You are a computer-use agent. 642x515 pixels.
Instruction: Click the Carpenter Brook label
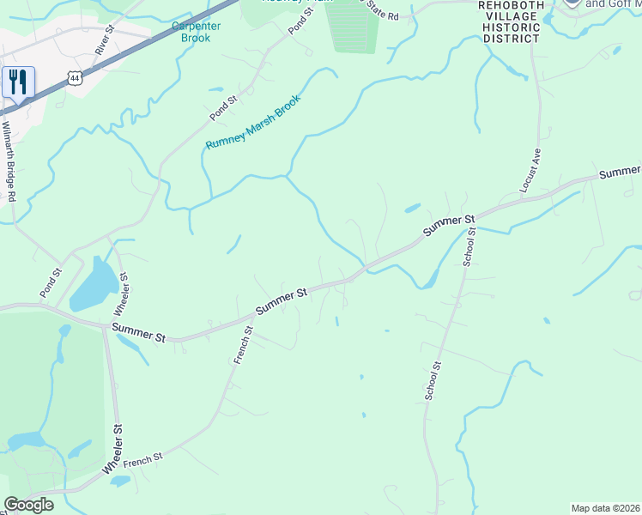click(x=197, y=32)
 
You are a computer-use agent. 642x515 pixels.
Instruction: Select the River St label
click(x=105, y=41)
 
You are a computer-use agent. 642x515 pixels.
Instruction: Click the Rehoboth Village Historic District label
click(x=510, y=22)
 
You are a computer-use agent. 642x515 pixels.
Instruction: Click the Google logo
click(x=28, y=505)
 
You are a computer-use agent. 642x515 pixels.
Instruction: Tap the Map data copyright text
click(x=606, y=508)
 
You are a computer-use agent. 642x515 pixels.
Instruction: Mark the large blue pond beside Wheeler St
click(x=94, y=283)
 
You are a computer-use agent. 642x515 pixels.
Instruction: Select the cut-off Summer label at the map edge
click(x=620, y=173)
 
